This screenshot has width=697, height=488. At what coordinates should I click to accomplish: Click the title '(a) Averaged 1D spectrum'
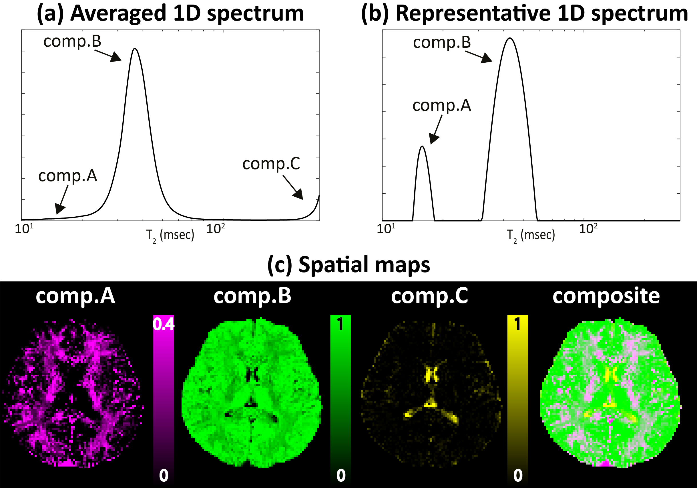(x=170, y=14)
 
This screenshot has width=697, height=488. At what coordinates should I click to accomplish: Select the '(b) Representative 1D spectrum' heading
(x=524, y=14)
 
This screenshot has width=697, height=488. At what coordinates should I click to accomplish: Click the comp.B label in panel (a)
(x=72, y=41)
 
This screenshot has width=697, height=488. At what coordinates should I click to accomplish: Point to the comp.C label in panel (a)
(x=271, y=164)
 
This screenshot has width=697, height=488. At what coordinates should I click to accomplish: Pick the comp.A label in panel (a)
(x=68, y=176)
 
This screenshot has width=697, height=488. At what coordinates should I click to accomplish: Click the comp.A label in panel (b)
(x=442, y=106)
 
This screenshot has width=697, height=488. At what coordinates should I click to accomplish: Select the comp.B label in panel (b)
(x=442, y=43)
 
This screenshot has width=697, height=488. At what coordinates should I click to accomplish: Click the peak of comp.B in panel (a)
(x=135, y=49)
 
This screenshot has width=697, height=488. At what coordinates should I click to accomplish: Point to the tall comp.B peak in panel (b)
(x=510, y=38)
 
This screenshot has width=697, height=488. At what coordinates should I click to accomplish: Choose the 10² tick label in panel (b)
(x=588, y=228)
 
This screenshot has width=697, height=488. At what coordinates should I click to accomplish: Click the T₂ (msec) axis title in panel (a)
(x=170, y=235)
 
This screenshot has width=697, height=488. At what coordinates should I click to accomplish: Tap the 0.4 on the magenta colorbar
(x=164, y=325)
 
